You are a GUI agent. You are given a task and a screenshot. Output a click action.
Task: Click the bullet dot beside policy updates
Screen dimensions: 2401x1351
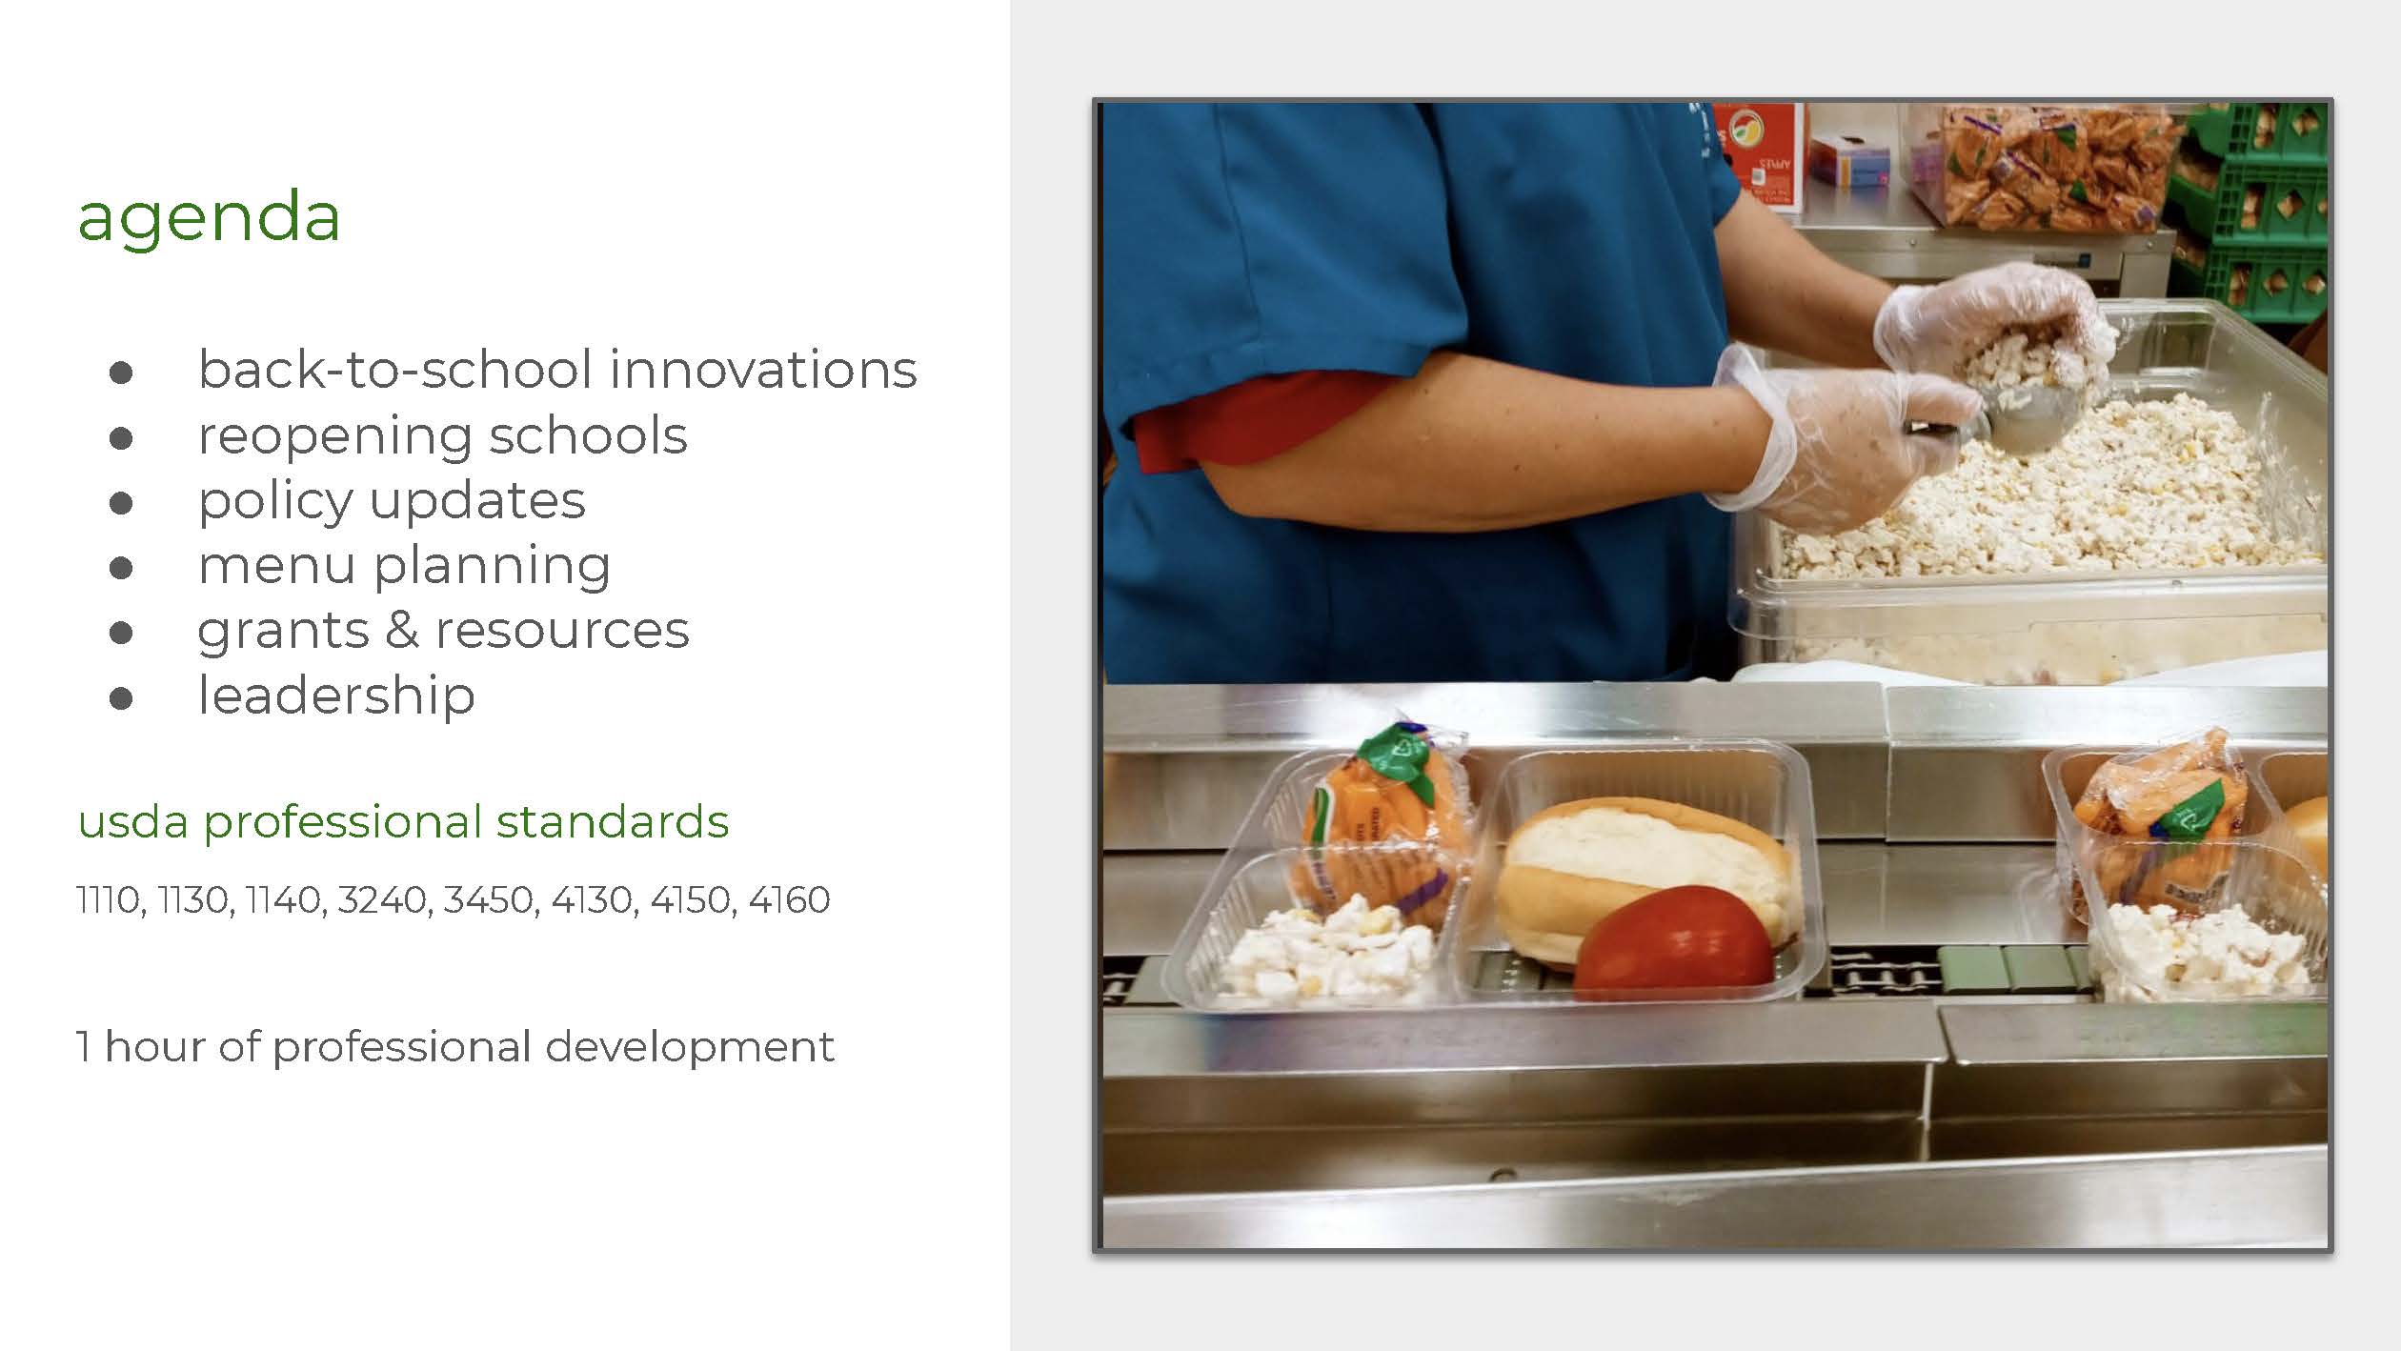pyautogui.click(x=121, y=502)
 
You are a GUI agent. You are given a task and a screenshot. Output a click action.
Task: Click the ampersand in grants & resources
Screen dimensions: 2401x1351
pyautogui.click(x=402, y=630)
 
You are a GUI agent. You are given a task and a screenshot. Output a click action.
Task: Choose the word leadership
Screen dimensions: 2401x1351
pyautogui.click(x=336, y=695)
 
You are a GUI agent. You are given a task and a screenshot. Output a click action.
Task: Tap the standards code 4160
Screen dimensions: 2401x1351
pyautogui.click(x=789, y=899)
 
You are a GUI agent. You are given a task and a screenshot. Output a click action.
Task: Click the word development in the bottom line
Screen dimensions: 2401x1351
pyautogui.click(x=690, y=1047)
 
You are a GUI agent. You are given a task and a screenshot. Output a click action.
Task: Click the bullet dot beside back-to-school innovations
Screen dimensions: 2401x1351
pyautogui.click(x=121, y=373)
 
